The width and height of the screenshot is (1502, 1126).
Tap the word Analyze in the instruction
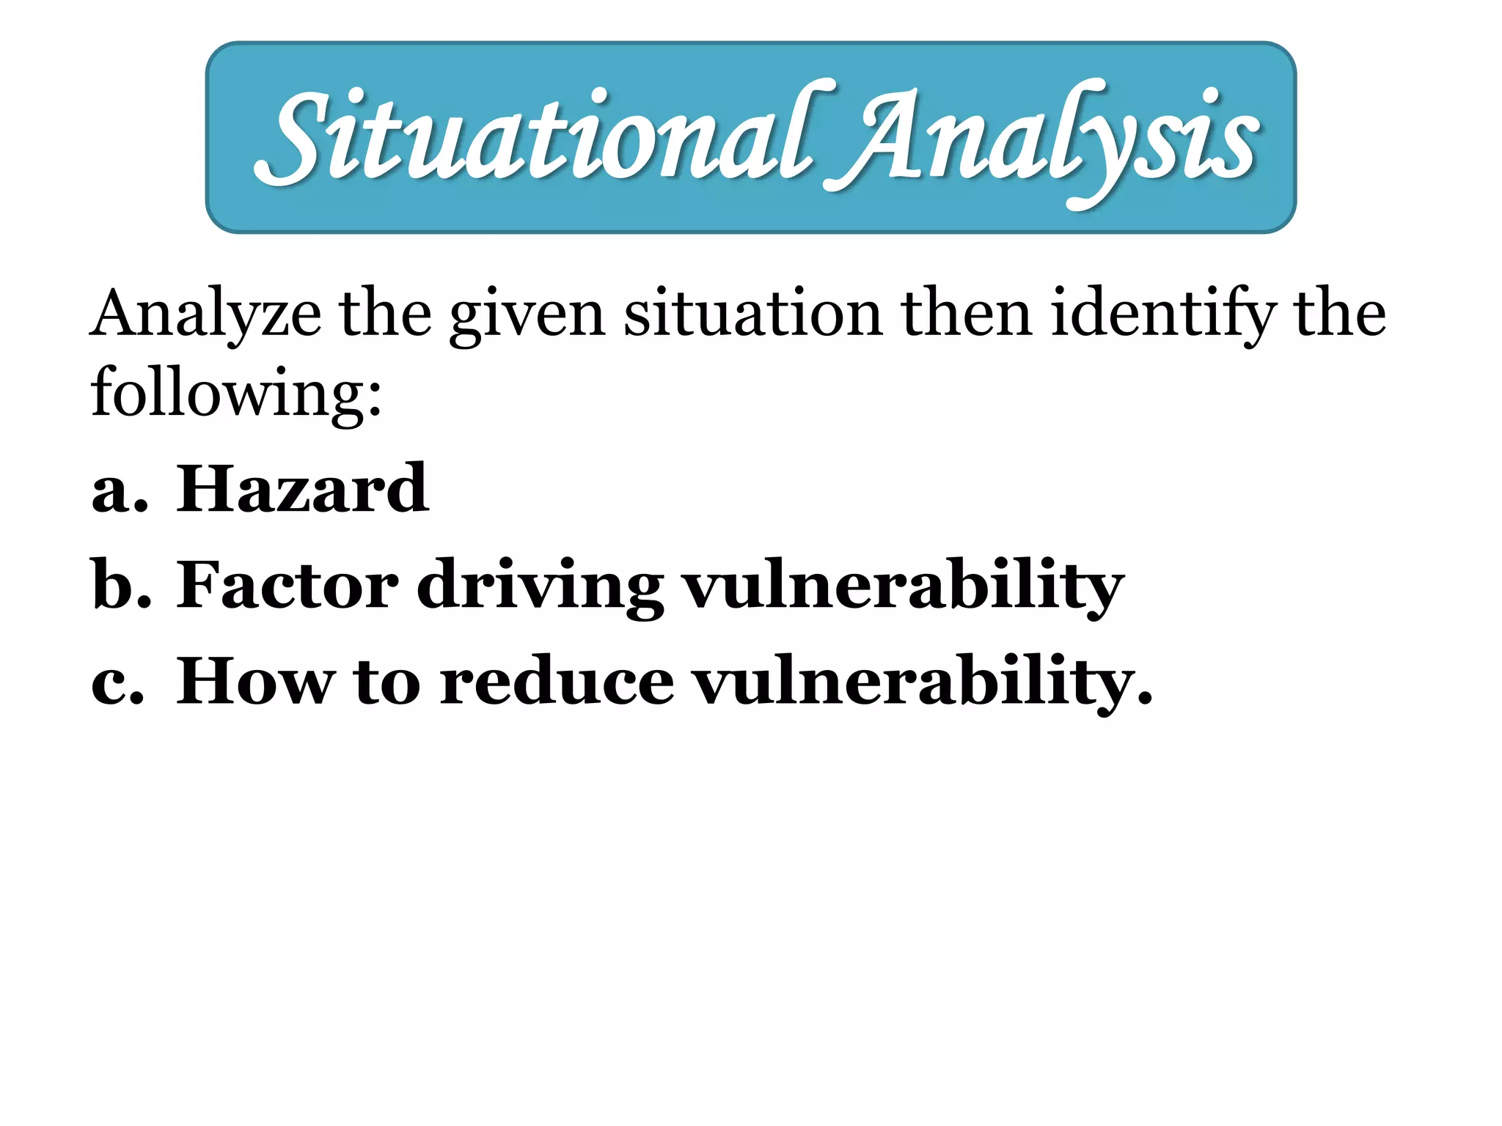pyautogui.click(x=205, y=315)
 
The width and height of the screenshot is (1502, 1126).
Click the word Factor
pyautogui.click(x=287, y=585)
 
